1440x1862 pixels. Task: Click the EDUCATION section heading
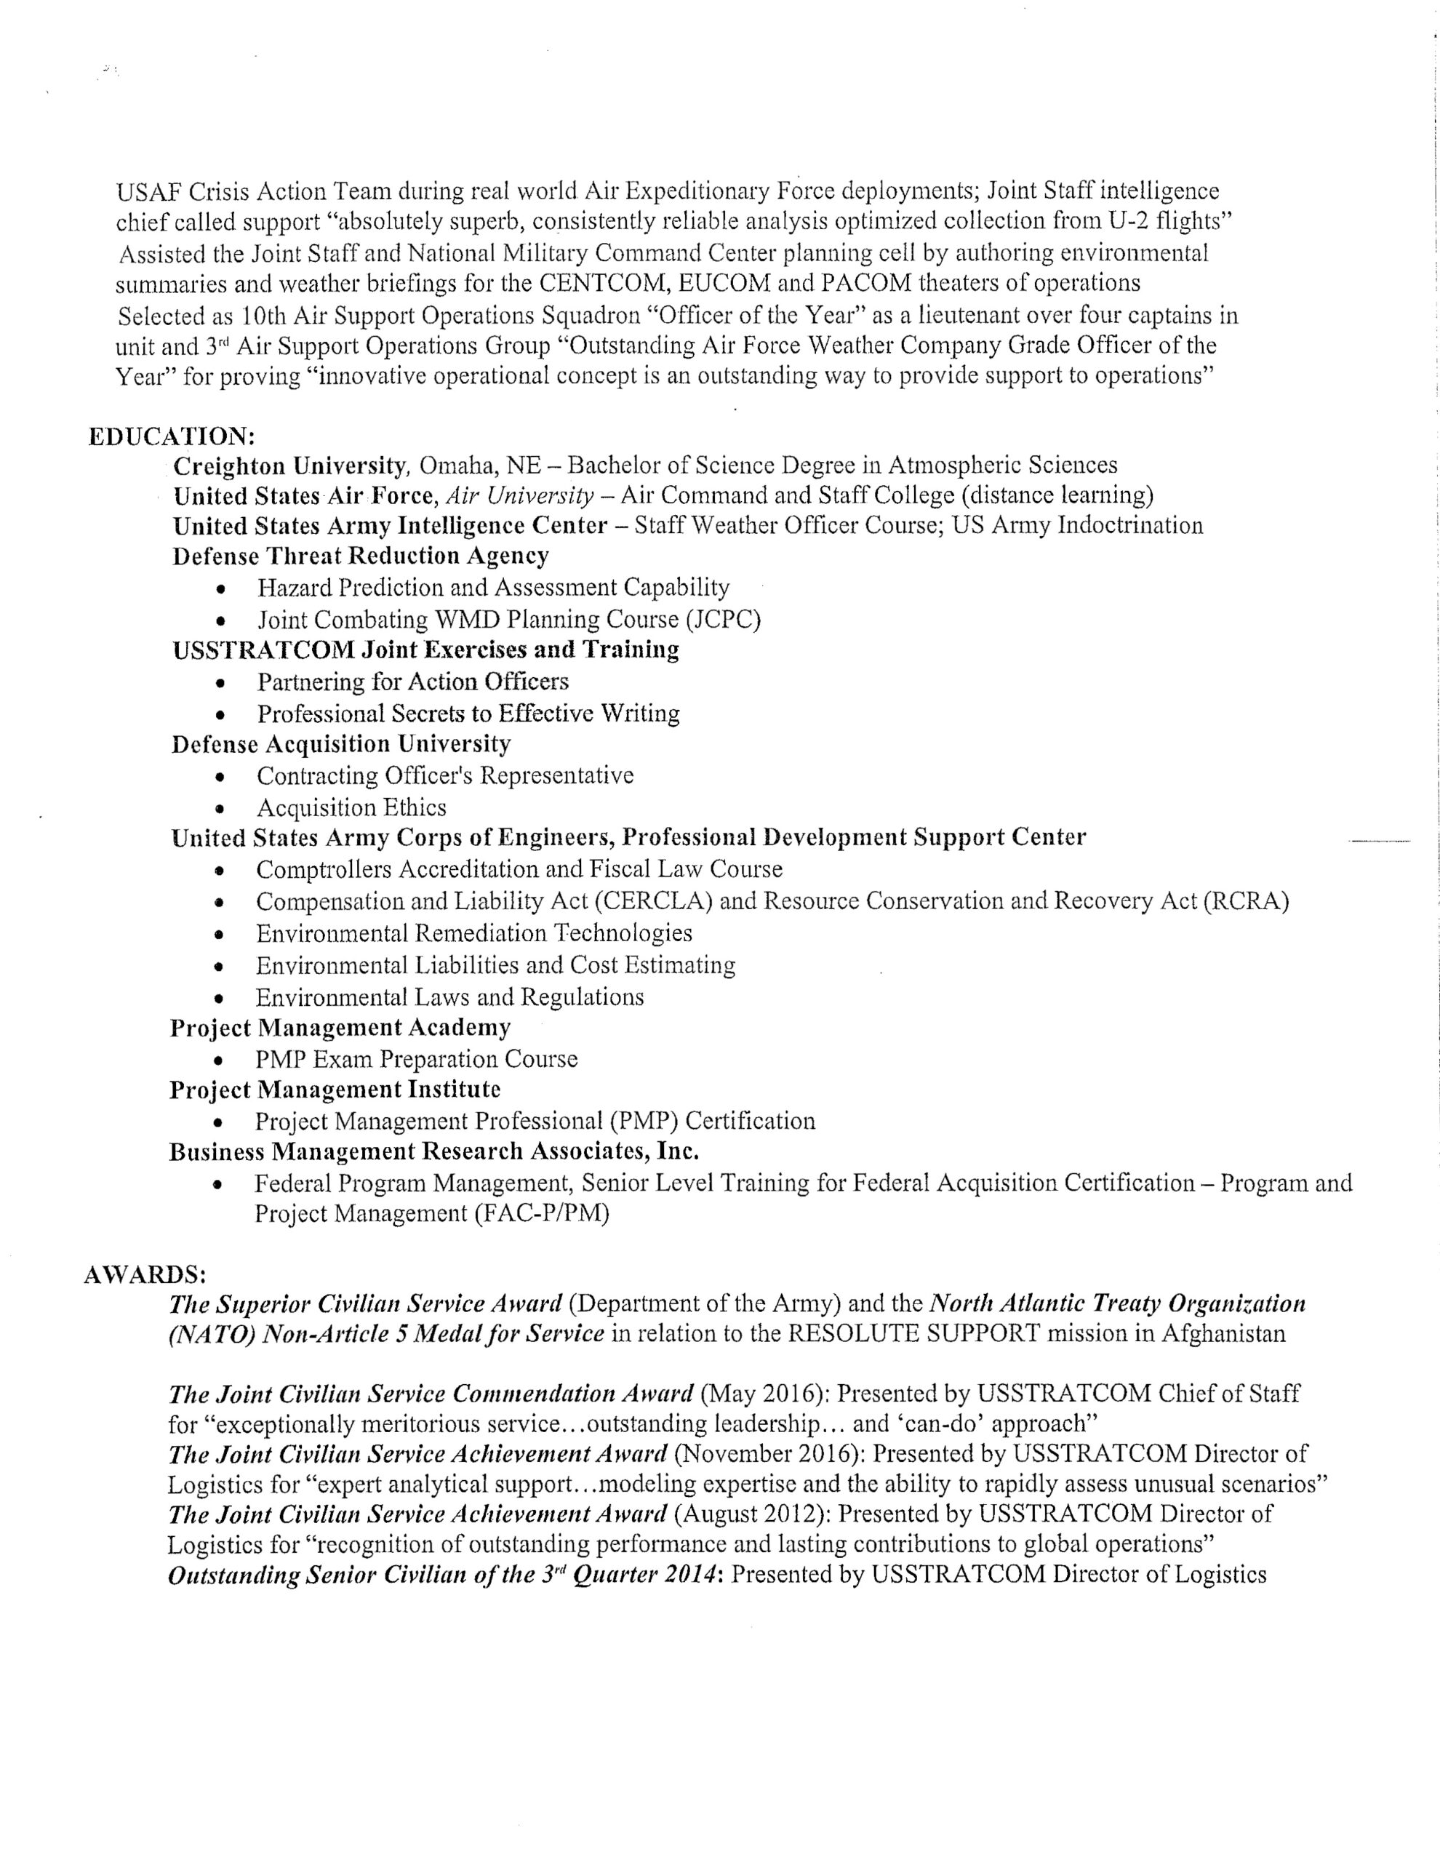click(172, 436)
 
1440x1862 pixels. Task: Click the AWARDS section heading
click(144, 1274)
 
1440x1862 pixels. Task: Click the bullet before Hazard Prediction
click(222, 589)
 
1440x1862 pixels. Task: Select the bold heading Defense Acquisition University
click(341, 744)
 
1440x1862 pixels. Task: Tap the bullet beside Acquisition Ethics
click(221, 808)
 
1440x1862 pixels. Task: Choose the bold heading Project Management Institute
click(335, 1090)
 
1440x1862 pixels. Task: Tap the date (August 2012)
click(753, 1514)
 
